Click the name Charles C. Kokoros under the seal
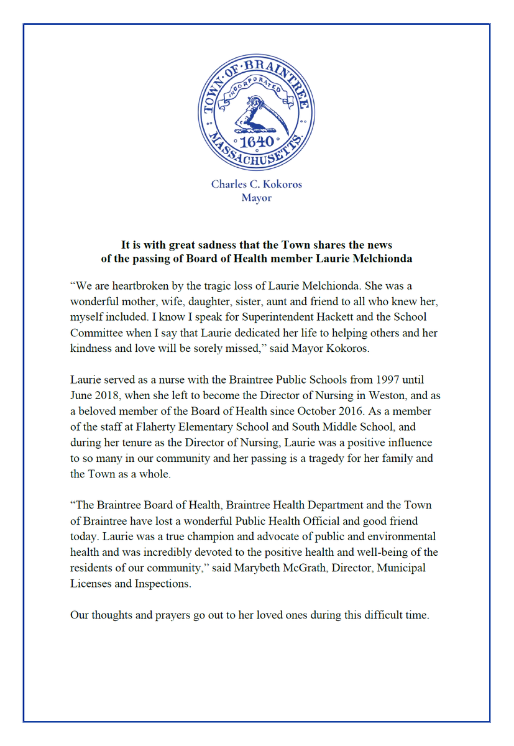coord(256,185)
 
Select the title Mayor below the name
coord(256,198)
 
